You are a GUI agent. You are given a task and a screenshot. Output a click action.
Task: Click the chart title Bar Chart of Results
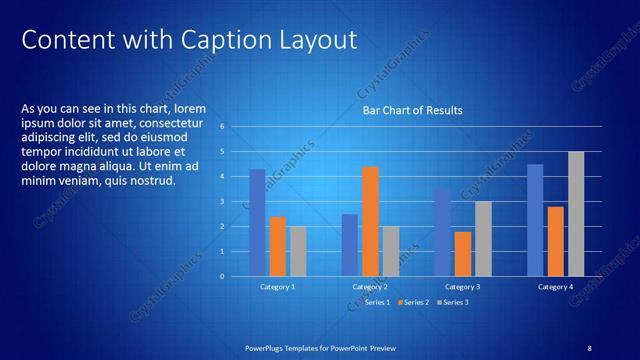(412, 110)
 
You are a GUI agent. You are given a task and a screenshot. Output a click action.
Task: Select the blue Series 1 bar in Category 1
(257, 222)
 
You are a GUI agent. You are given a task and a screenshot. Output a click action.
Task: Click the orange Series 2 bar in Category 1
(278, 246)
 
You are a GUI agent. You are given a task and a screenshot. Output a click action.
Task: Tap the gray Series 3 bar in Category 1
(298, 251)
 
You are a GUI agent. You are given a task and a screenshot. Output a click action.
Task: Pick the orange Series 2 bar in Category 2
(370, 221)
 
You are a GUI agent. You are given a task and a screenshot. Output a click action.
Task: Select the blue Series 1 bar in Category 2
(350, 245)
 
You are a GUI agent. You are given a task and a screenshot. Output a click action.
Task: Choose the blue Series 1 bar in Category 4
(535, 220)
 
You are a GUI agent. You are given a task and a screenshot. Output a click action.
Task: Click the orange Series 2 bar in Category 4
(555, 241)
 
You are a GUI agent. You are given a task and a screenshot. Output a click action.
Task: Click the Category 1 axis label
(277, 287)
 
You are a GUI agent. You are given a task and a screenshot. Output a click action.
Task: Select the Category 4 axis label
(556, 287)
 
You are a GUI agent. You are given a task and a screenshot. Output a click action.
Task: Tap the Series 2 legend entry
(414, 302)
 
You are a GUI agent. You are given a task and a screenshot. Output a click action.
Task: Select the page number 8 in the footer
(589, 347)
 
